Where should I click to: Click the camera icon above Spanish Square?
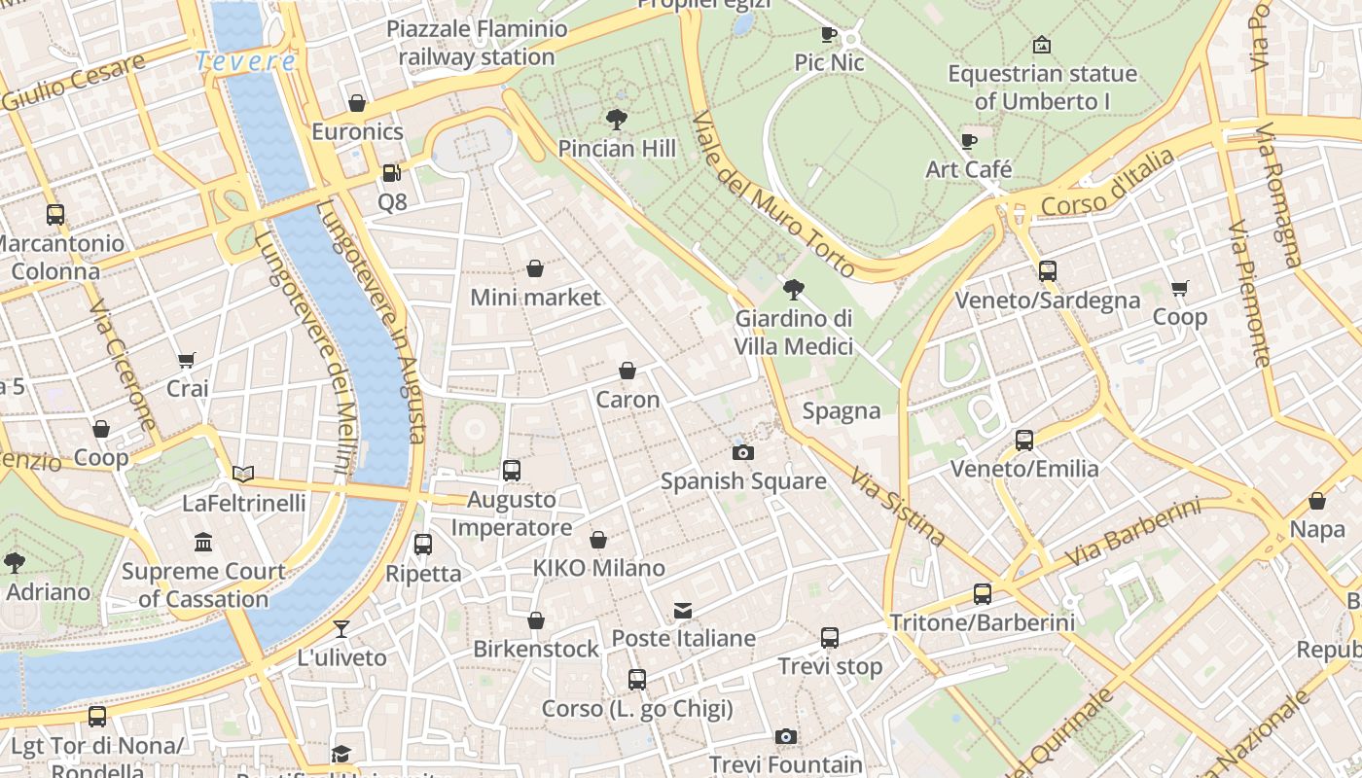(742, 452)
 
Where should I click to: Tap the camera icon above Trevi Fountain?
(786, 737)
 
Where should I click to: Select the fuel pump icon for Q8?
(391, 173)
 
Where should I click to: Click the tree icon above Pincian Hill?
(616, 120)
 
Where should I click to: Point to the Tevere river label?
(245, 61)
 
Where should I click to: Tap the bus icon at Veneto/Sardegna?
(1048, 271)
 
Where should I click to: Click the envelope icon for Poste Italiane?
(683, 611)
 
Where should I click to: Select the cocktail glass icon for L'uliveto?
(341, 628)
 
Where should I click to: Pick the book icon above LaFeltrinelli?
(243, 474)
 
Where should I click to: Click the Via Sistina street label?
(897, 507)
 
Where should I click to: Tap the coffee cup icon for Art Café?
(969, 141)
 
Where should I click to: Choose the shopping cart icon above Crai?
(187, 361)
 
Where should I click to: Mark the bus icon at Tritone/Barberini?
(983, 594)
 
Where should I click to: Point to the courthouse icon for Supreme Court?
(203, 542)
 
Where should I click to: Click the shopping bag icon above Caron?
(627, 371)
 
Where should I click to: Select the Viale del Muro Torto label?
(773, 194)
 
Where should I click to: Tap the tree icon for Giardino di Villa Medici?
(794, 289)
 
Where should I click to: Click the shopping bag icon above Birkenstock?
(536, 620)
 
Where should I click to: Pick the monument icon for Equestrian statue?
(1042, 45)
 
